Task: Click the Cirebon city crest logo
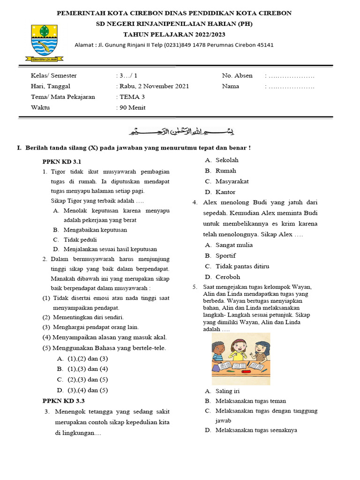(45, 42)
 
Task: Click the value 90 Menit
(133, 107)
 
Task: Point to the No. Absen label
(237, 75)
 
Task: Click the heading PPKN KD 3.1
(59, 161)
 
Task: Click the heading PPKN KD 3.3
(63, 401)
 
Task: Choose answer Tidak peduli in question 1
(81, 240)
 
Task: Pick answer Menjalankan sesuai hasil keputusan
(111, 249)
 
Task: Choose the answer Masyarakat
(232, 181)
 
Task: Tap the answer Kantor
(225, 192)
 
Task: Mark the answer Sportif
(225, 255)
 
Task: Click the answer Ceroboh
(227, 277)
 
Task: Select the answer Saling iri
(227, 391)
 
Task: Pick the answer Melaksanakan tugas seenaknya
(256, 430)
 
